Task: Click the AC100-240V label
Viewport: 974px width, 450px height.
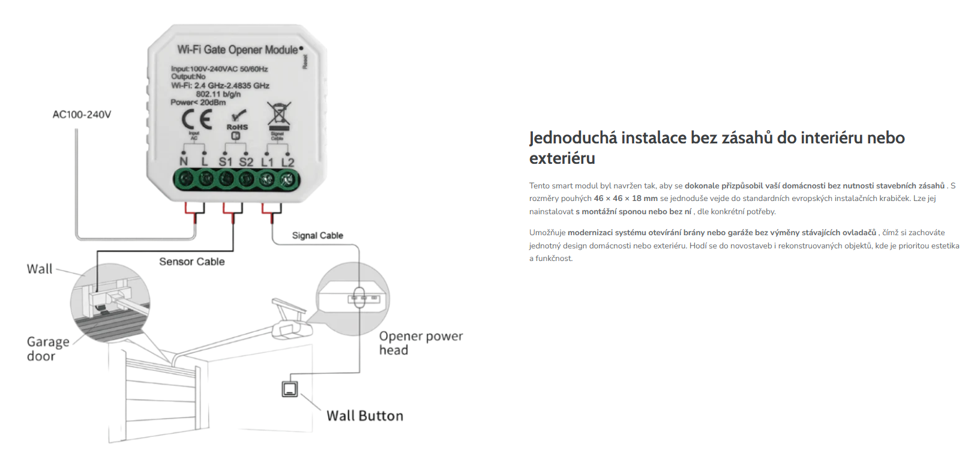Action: pyautogui.click(x=82, y=115)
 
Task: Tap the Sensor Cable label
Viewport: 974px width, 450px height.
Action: pyautogui.click(x=192, y=262)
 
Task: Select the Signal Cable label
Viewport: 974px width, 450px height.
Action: pyautogui.click(x=317, y=236)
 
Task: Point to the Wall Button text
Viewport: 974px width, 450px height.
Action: pyautogui.click(x=365, y=416)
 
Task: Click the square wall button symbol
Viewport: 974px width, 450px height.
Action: pyautogui.click(x=290, y=389)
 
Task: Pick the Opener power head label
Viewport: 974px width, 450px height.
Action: pyautogui.click(x=420, y=343)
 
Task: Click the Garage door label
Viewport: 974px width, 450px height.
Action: pyautogui.click(x=47, y=349)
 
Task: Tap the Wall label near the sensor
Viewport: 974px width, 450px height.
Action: pyautogui.click(x=40, y=269)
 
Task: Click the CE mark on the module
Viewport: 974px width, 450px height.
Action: pyautogui.click(x=197, y=119)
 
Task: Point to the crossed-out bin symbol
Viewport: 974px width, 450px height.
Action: pyautogui.click(x=278, y=115)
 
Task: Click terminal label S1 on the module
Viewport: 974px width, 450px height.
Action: pyautogui.click(x=225, y=162)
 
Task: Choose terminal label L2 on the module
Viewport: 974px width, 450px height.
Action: pyautogui.click(x=288, y=162)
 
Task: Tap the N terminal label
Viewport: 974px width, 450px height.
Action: pyautogui.click(x=184, y=161)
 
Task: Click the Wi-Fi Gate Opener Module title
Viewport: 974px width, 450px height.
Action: pyautogui.click(x=237, y=50)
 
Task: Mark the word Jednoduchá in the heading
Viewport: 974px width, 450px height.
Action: pyautogui.click(x=573, y=138)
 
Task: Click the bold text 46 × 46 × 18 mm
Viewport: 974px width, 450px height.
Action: pyautogui.click(x=625, y=199)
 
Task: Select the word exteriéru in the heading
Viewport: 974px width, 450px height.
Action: pyautogui.click(x=562, y=158)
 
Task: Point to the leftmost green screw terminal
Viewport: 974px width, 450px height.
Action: pyautogui.click(x=185, y=179)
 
